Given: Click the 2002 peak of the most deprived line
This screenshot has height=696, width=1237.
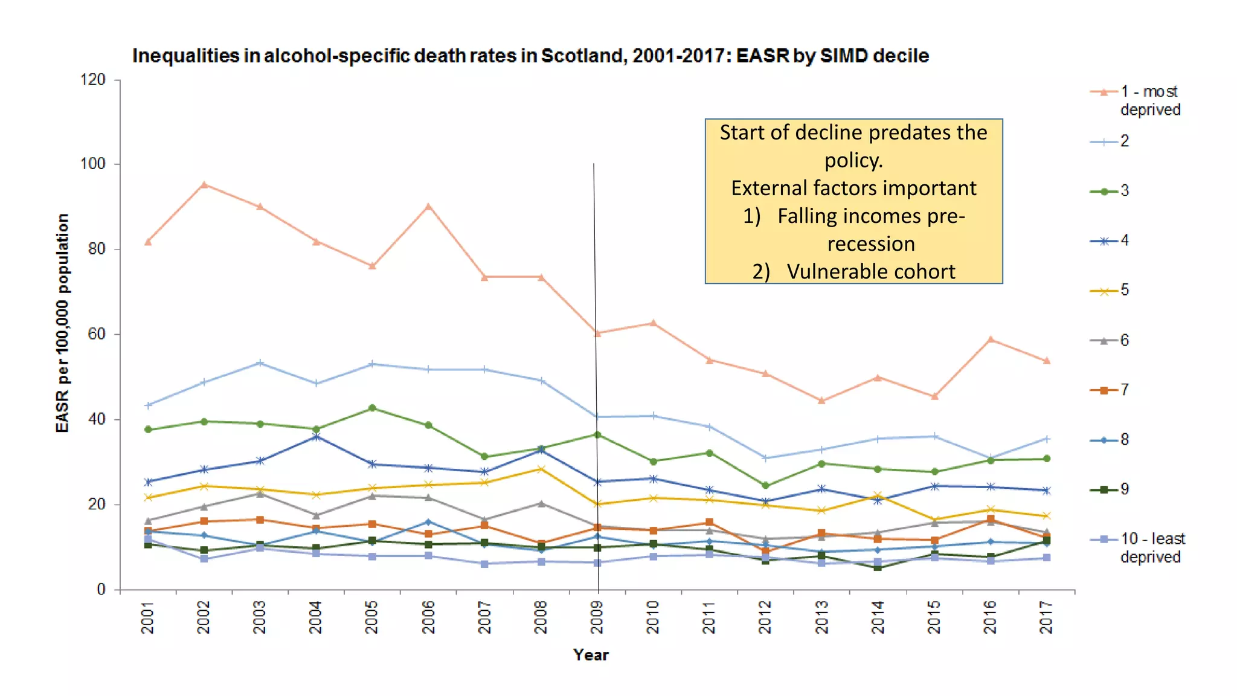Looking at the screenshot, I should [204, 184].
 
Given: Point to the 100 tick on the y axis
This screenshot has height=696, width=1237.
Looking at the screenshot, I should [92, 164].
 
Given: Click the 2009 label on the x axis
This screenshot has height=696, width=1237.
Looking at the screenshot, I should [597, 617].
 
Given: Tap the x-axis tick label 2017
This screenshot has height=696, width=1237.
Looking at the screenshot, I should [1046, 617].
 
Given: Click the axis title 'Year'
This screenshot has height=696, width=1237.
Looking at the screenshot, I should [591, 655].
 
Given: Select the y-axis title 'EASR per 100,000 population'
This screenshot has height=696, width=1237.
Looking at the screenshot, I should [62, 323].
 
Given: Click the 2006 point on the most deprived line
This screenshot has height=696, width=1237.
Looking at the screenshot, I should [428, 207].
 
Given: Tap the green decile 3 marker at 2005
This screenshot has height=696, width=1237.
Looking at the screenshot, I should [372, 408].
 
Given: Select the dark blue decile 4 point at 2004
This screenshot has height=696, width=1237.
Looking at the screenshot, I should [316, 436].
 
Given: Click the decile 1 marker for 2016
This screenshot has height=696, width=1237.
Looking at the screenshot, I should [991, 339].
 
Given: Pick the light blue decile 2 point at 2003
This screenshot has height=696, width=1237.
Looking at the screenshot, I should [260, 362].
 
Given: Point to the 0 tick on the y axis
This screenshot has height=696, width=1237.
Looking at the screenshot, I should [101, 590].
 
